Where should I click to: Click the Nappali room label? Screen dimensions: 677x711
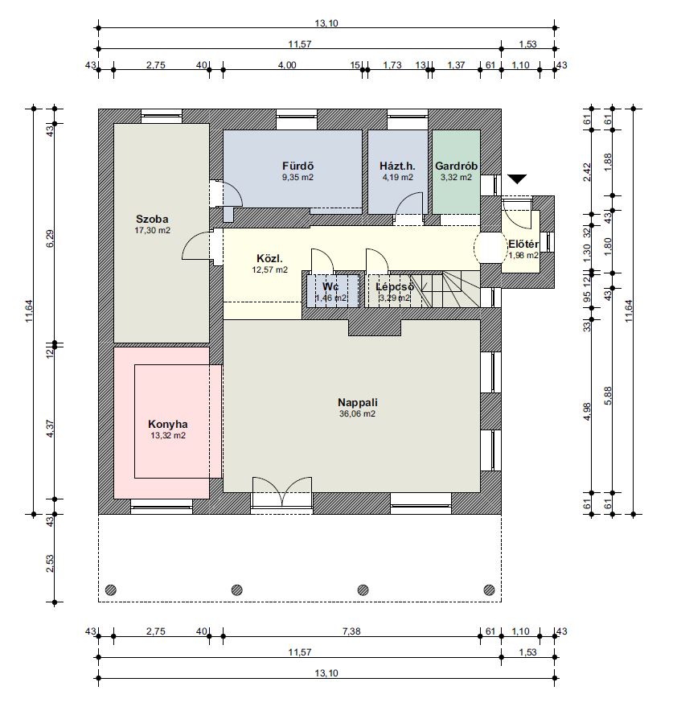click(358, 402)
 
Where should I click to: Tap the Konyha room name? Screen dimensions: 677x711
click(168, 425)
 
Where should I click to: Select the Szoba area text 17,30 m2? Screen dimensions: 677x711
click(152, 230)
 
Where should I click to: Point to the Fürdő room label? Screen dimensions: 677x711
click(297, 166)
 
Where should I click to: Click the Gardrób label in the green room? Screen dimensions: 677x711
click(457, 166)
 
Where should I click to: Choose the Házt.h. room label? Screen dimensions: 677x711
click(397, 166)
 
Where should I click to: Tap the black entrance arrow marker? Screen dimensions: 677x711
click(517, 179)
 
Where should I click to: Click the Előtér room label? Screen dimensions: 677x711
click(523, 245)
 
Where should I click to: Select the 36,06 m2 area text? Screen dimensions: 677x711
click(357, 413)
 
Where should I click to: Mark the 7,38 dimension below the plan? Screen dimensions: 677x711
click(351, 631)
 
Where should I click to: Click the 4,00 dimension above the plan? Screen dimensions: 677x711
click(287, 65)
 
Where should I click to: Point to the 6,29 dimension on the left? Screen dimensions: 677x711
click(50, 238)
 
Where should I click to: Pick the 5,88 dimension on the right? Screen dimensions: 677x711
click(608, 396)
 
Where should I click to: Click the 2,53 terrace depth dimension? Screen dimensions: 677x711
click(50, 564)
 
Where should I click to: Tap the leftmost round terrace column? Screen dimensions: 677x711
click(111, 590)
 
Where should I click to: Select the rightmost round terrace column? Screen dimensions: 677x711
click(489, 590)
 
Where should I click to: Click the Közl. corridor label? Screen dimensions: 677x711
click(269, 259)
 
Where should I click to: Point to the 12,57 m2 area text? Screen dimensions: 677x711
click(269, 269)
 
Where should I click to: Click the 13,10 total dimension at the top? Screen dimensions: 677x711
click(326, 23)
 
